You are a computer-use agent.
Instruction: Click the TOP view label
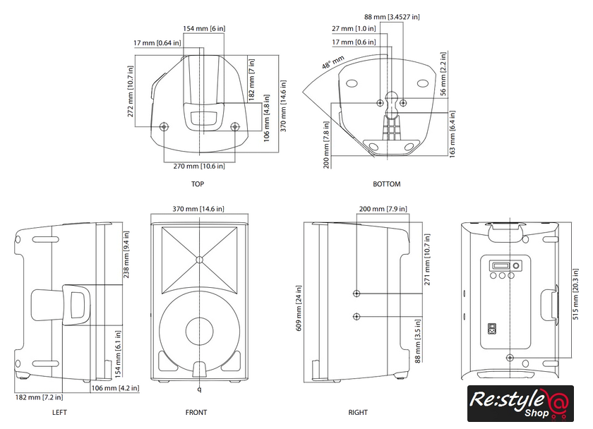point(198,184)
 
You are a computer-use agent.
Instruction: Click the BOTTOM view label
point(386,184)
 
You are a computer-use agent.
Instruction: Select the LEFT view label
point(60,412)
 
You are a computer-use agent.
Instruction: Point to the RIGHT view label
point(358,412)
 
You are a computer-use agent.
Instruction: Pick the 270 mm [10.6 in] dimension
point(200,166)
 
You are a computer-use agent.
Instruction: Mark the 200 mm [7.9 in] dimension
point(381,209)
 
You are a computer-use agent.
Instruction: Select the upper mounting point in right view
point(358,293)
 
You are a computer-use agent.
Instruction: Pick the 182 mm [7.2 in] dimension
point(29,397)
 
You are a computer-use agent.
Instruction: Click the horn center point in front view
point(199,259)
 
